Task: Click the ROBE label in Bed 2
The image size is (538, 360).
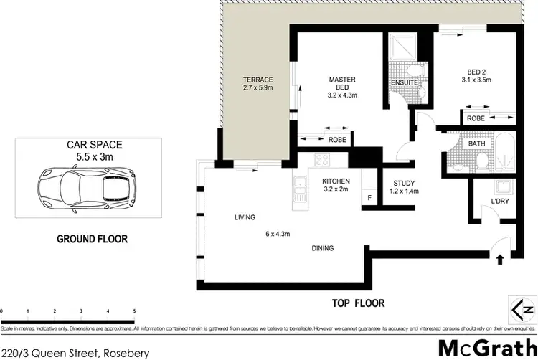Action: [474, 118]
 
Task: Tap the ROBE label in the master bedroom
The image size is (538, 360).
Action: [338, 140]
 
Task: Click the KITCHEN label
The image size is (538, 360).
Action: [335, 186]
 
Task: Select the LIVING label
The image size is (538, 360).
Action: [245, 217]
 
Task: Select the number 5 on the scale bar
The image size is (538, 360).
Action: [134, 311]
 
